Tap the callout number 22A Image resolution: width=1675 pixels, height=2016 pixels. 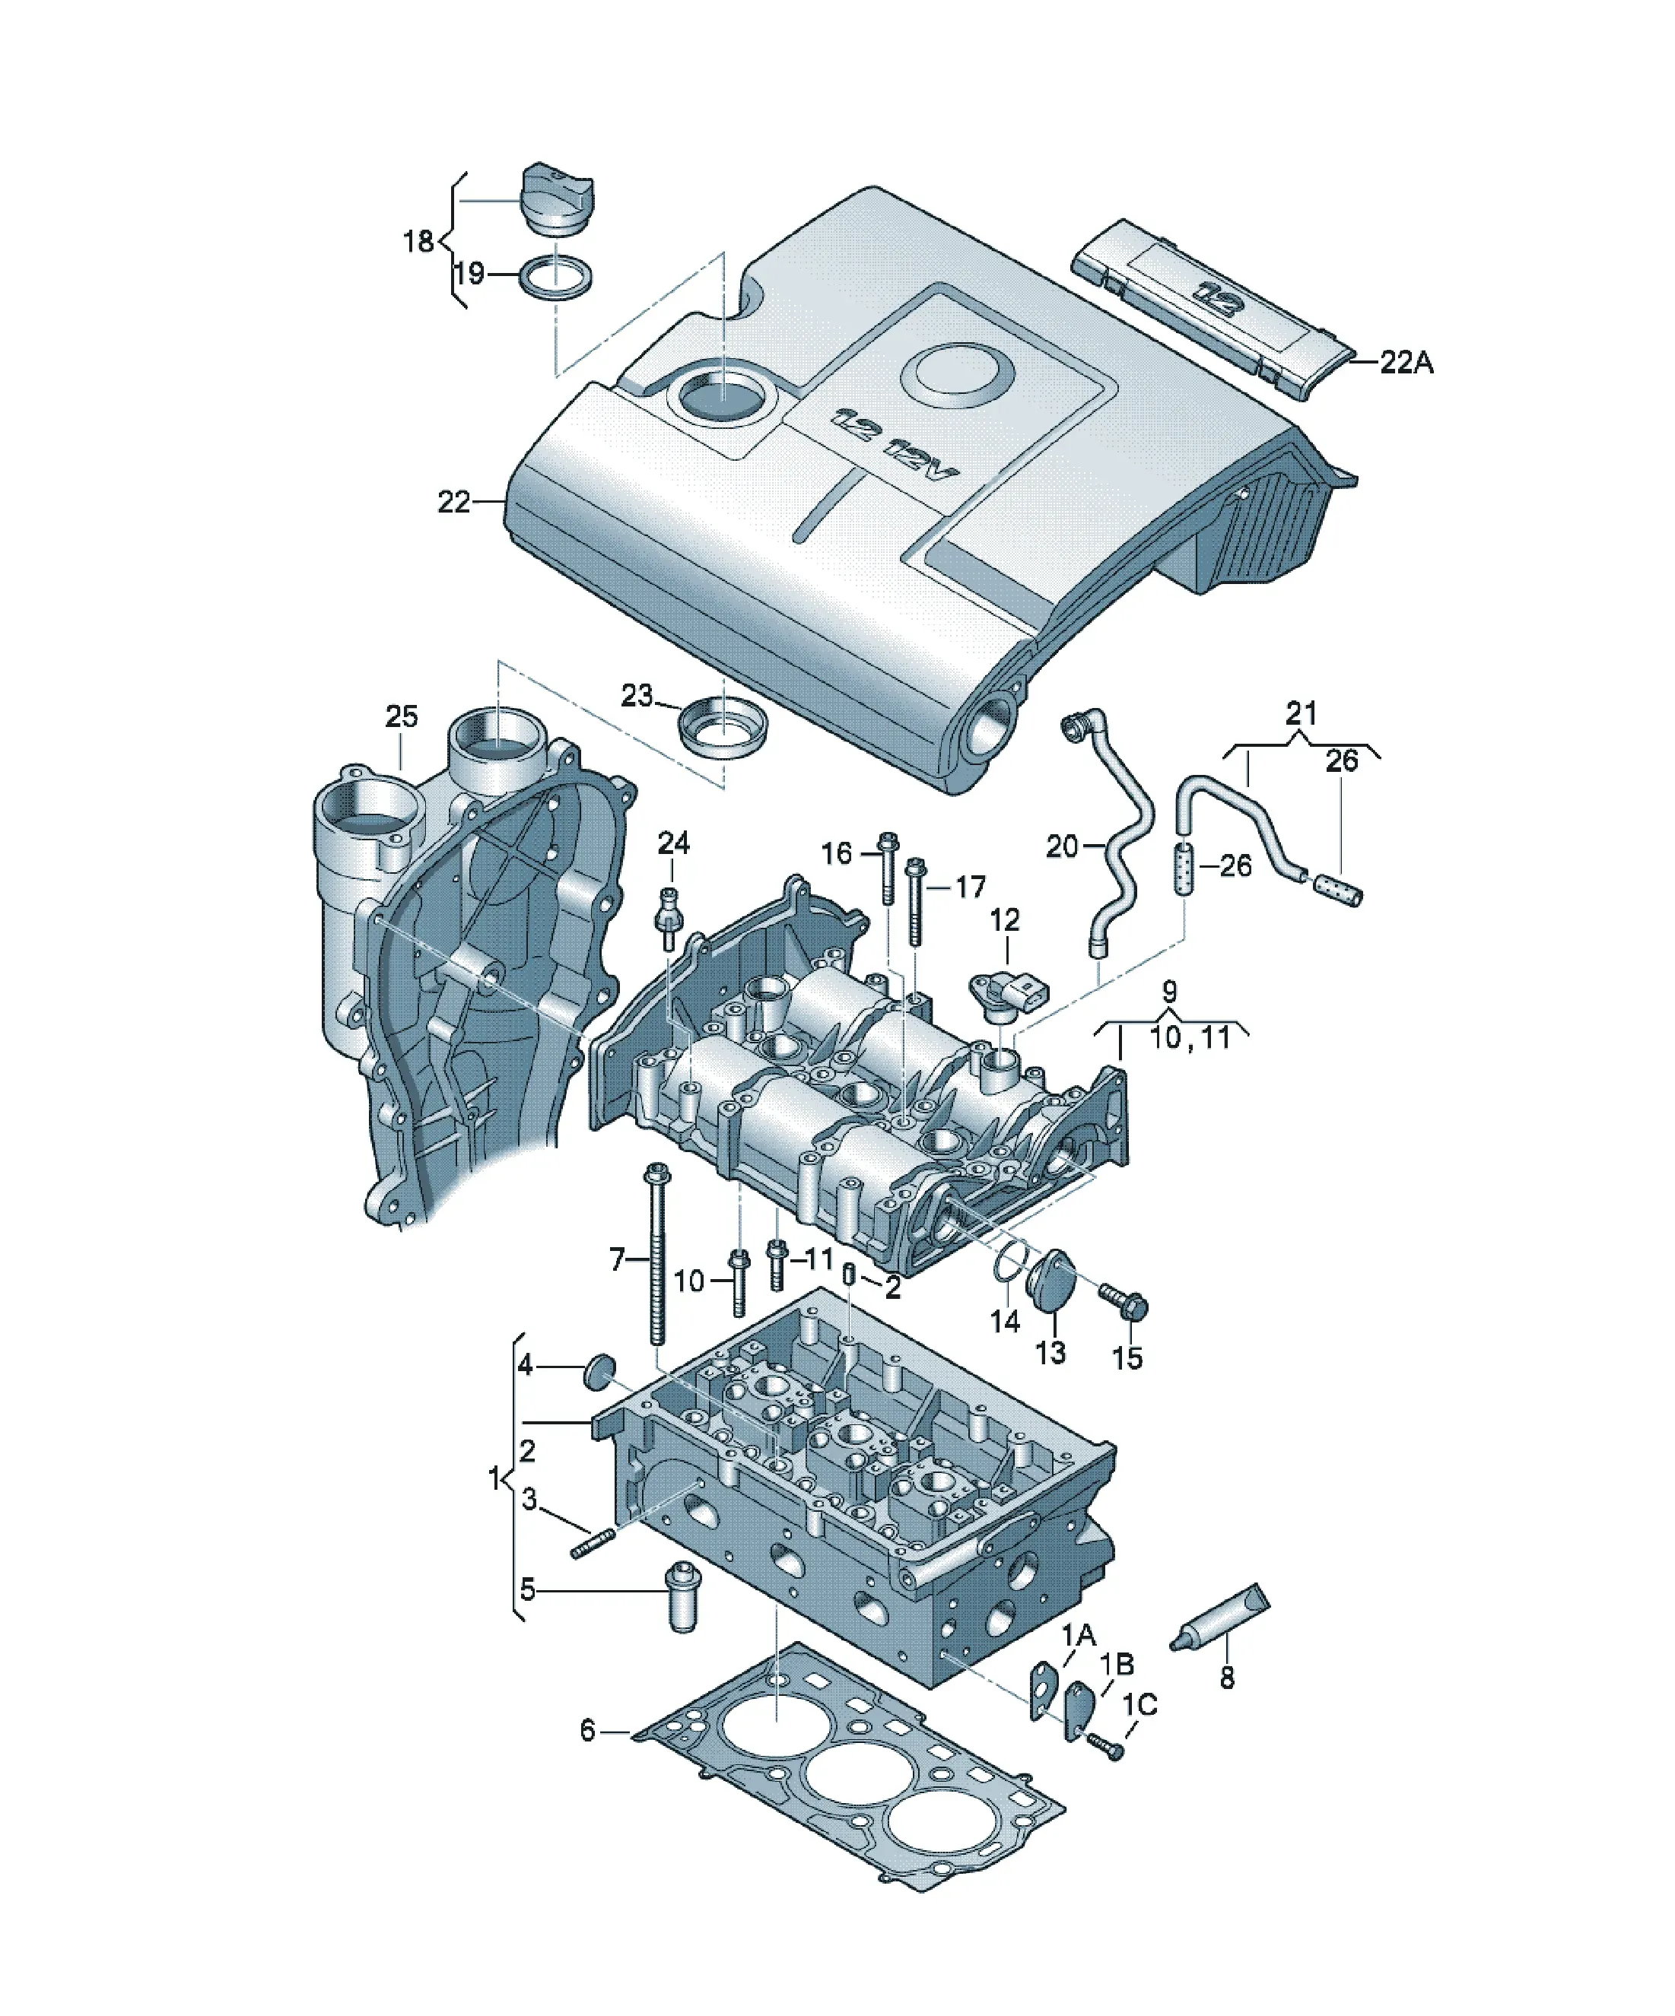1406,362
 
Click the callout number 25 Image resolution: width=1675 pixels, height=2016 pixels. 402,716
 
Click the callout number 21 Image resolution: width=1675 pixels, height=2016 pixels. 1301,713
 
